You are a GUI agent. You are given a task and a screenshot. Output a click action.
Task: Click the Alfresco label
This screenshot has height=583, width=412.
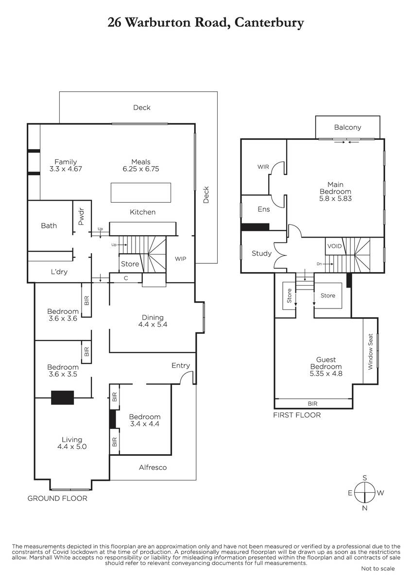153,467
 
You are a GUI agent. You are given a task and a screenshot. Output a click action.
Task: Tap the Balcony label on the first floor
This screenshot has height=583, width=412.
347,127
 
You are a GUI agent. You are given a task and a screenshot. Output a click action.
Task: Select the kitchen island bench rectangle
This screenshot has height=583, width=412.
141,192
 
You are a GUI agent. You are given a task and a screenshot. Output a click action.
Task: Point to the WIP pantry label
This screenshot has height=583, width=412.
180,258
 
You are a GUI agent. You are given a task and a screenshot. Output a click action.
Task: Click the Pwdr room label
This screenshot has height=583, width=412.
81,216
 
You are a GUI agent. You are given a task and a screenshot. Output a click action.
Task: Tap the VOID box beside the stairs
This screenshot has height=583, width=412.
334,246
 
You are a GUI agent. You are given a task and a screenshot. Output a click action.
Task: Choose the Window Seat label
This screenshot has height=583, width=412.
370,351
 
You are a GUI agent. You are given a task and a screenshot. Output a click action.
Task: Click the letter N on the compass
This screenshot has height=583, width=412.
365,508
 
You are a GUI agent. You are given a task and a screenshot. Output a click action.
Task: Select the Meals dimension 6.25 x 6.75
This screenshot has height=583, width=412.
141,169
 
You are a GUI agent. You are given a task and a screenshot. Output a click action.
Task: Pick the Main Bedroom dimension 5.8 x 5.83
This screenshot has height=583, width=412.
336,198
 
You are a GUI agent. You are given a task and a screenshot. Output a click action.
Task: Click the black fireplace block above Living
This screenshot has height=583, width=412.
63,397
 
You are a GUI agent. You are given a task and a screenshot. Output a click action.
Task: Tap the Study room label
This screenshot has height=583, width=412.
261,253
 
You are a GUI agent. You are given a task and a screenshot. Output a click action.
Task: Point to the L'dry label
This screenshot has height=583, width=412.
59,272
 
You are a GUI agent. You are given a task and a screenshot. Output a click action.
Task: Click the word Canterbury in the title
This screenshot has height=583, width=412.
269,23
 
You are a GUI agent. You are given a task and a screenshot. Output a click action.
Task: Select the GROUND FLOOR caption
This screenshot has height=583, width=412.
57,498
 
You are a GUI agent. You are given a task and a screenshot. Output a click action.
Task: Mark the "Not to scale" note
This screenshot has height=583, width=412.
378,568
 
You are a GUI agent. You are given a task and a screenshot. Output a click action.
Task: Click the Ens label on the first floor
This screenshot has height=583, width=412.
264,209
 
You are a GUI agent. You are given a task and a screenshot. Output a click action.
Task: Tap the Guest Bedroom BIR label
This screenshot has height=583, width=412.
312,403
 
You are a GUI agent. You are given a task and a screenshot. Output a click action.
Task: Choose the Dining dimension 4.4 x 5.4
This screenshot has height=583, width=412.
153,325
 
